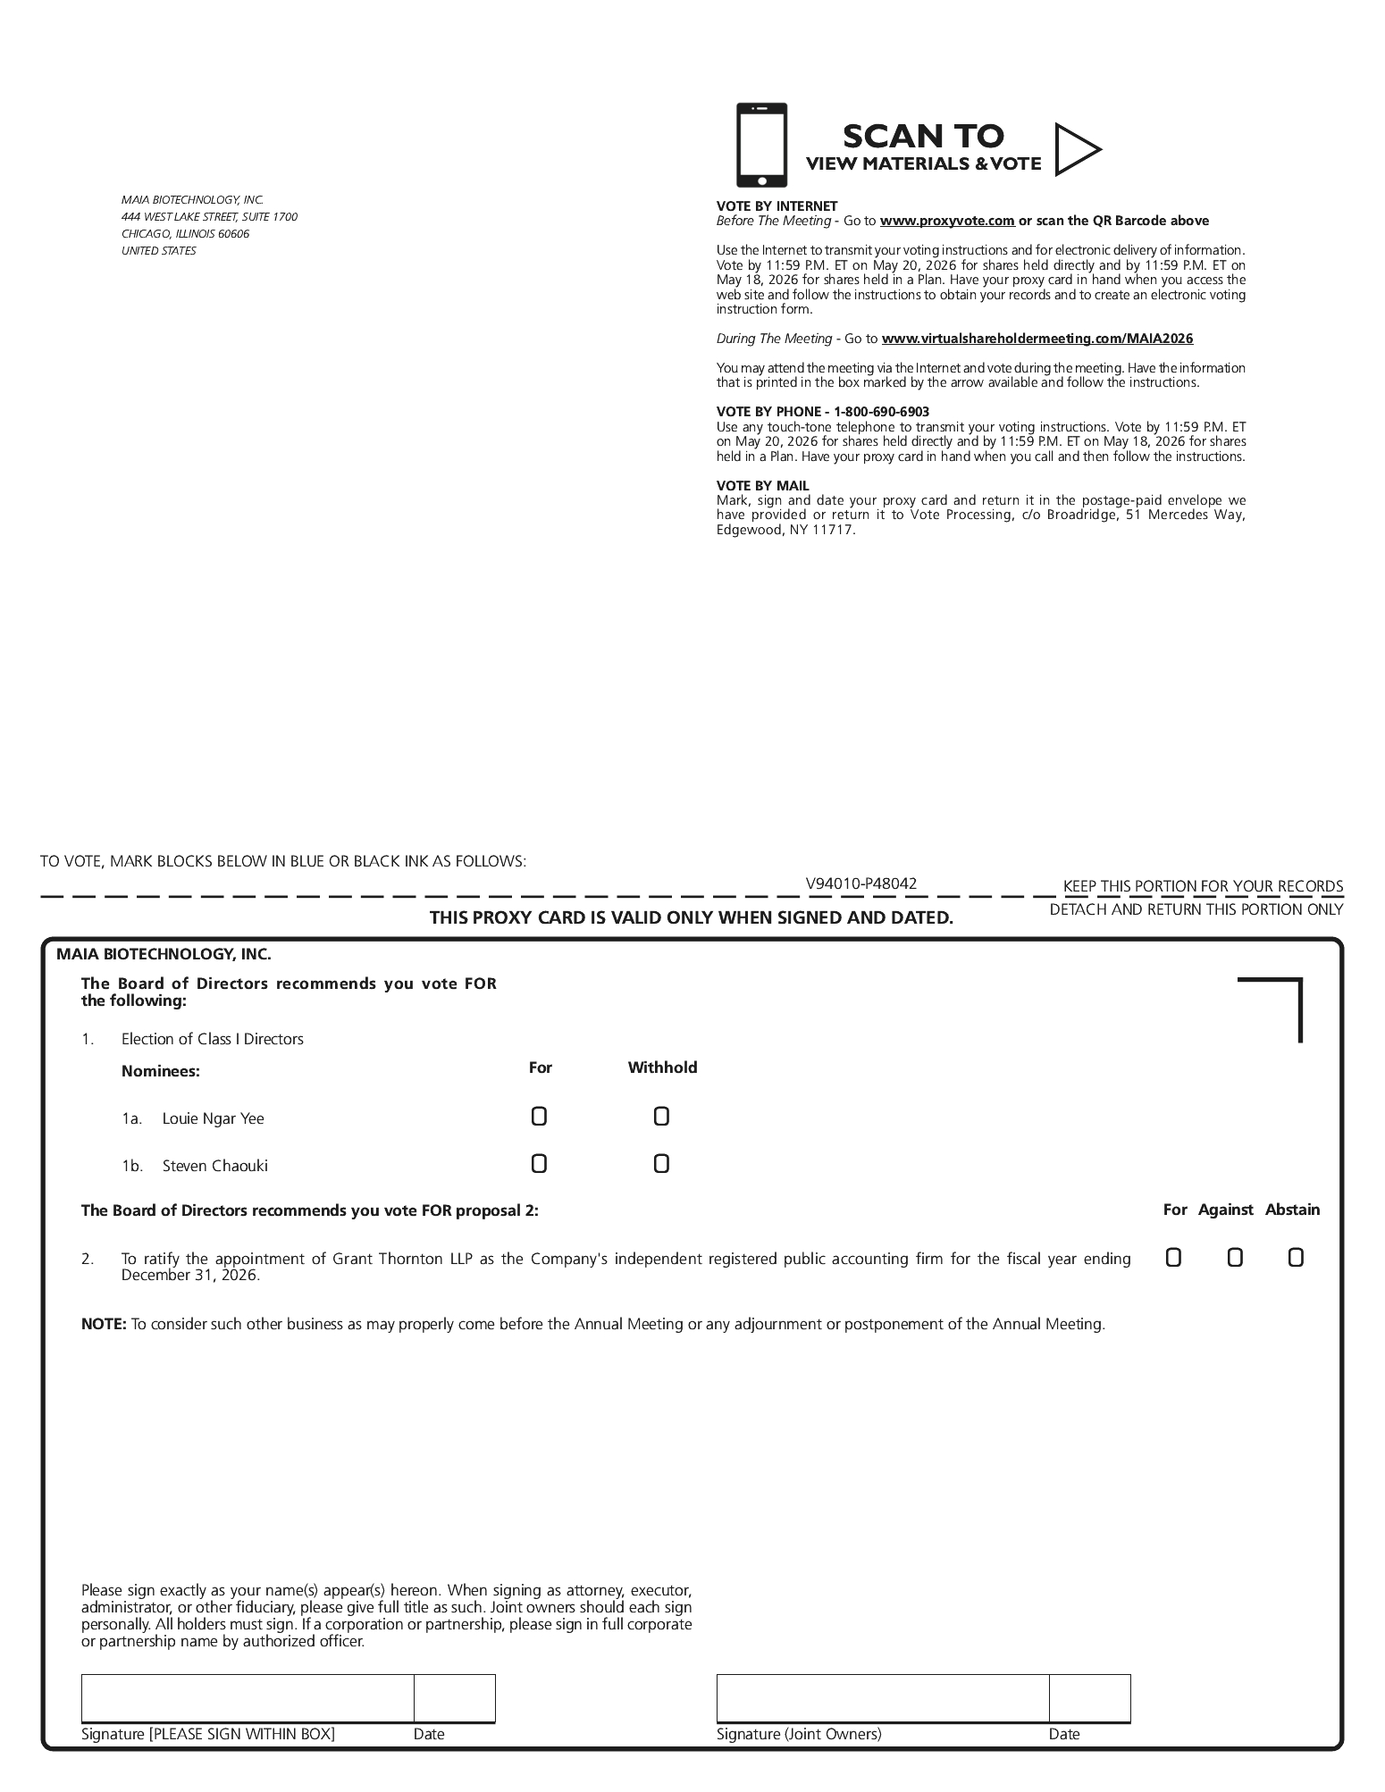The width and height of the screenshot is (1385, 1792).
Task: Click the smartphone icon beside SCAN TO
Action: [x=761, y=145]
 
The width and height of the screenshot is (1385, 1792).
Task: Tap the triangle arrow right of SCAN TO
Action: [x=1075, y=149]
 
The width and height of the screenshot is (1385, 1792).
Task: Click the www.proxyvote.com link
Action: [x=947, y=221]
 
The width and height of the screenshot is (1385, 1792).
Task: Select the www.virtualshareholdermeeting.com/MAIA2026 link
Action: [x=1037, y=339]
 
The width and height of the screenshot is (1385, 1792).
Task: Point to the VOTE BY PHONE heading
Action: [x=822, y=412]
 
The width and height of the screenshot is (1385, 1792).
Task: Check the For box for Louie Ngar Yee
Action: [x=539, y=1117]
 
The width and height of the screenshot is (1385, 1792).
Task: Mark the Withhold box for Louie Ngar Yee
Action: [x=661, y=1117]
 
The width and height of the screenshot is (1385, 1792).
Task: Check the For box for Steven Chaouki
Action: [x=539, y=1164]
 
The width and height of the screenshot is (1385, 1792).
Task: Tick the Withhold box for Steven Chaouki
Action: [x=661, y=1164]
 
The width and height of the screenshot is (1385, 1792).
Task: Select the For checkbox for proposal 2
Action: [x=1173, y=1258]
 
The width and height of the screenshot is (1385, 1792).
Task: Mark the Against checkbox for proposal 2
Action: [x=1235, y=1258]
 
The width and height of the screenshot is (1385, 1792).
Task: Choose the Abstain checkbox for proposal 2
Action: [x=1296, y=1258]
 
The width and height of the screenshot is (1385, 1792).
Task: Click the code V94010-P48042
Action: [x=860, y=884]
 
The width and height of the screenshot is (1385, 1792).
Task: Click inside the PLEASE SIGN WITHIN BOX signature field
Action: [x=248, y=1698]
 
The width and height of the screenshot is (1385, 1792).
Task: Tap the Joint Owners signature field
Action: [x=882, y=1698]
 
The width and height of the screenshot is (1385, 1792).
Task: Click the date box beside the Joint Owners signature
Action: [x=1089, y=1698]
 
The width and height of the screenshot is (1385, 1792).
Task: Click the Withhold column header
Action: [x=662, y=1068]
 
